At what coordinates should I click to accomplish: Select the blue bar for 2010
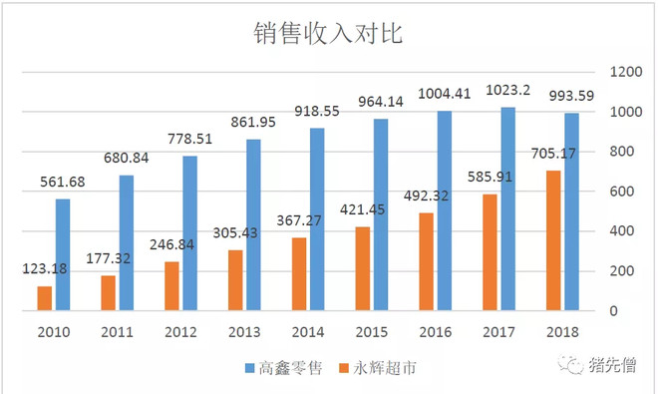(63, 255)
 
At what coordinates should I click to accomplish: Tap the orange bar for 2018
(553, 240)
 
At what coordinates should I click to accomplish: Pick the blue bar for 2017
(507, 208)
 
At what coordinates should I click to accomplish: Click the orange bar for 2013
(234, 280)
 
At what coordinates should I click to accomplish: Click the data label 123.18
(44, 270)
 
